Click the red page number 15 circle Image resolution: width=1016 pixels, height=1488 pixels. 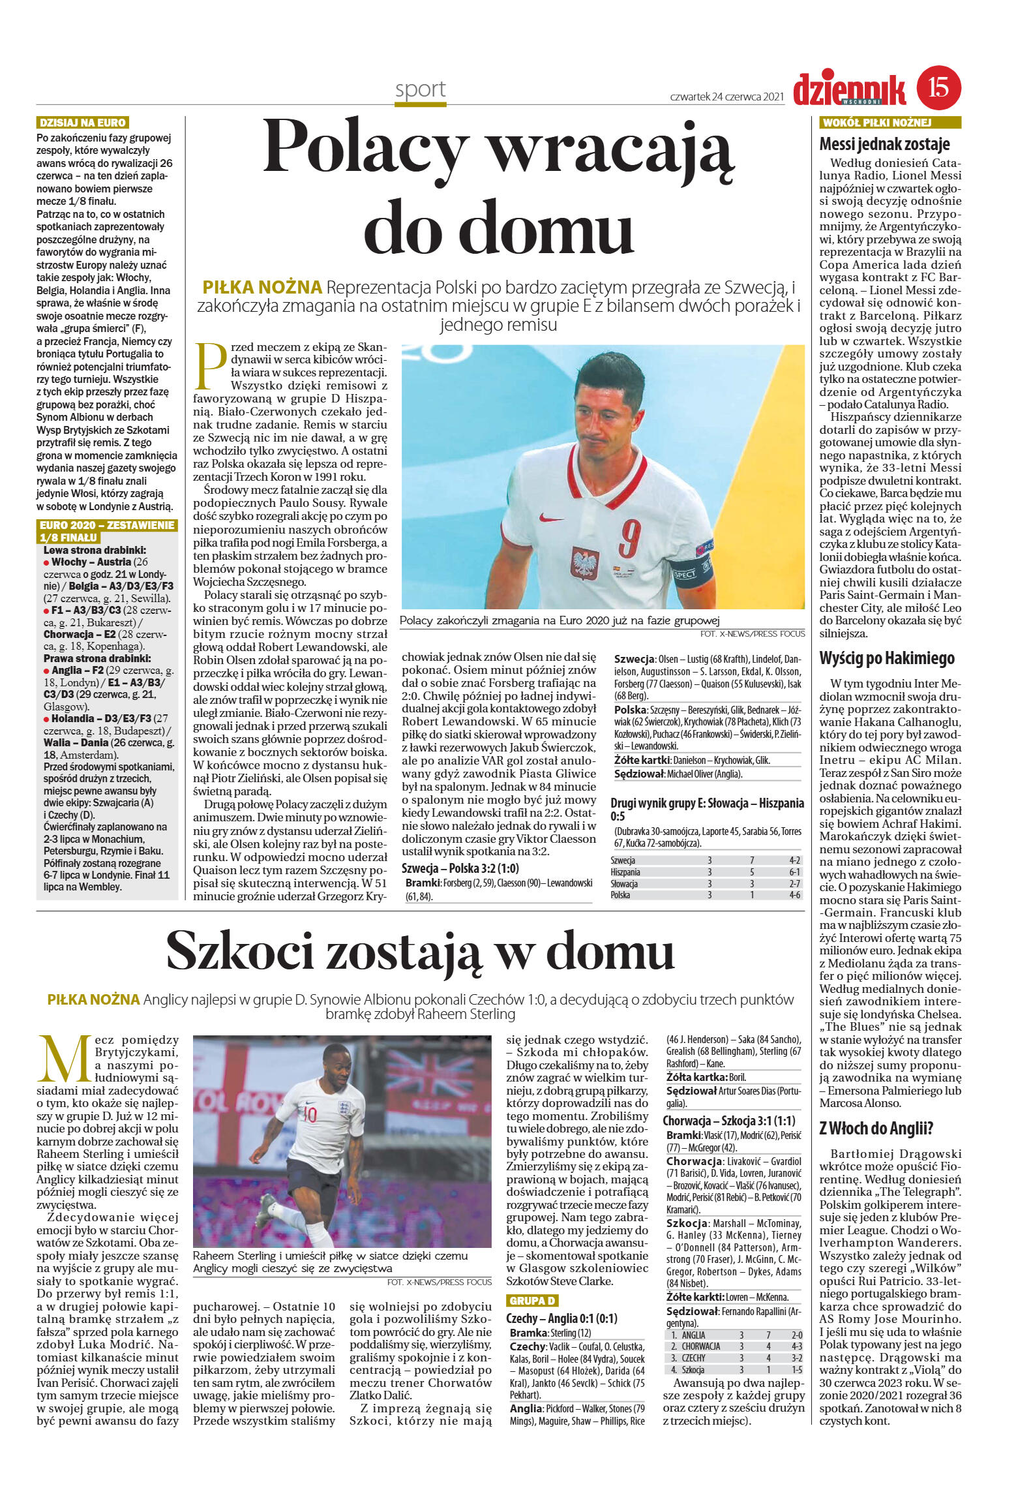point(938,88)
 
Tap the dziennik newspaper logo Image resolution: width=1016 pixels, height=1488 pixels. point(849,89)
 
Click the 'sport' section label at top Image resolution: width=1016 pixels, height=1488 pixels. point(420,89)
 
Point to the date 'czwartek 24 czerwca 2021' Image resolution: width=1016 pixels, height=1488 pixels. point(726,97)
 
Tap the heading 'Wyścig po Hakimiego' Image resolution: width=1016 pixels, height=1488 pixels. point(886,658)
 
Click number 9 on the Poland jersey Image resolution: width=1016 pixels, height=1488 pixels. point(630,536)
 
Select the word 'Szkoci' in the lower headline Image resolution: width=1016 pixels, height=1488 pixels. point(241,951)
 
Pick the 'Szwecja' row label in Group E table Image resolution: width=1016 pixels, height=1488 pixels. point(623,860)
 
